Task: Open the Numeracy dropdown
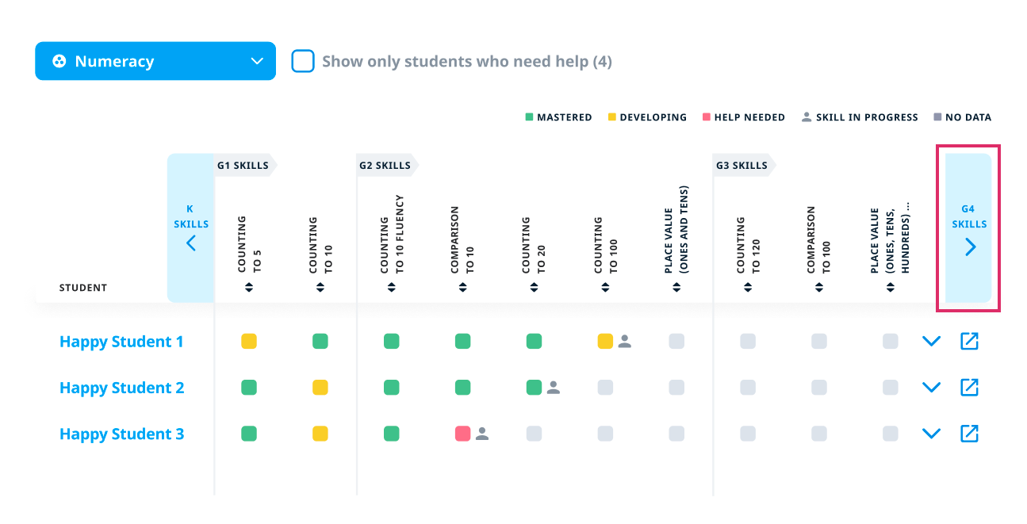pyautogui.click(x=155, y=61)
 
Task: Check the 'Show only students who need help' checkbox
pyautogui.click(x=303, y=61)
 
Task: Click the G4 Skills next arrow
pyautogui.click(x=970, y=247)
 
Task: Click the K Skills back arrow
pyautogui.click(x=190, y=243)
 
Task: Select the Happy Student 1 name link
pyautogui.click(x=121, y=342)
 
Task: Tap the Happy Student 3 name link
pyautogui.click(x=121, y=434)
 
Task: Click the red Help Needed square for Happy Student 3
pyautogui.click(x=462, y=434)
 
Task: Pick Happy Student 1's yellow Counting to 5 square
pyautogui.click(x=249, y=342)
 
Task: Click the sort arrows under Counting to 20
pyautogui.click(x=535, y=288)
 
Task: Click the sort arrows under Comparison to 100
pyautogui.click(x=819, y=288)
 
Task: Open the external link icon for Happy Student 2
pyautogui.click(x=969, y=388)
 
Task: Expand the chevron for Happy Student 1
pyautogui.click(x=931, y=342)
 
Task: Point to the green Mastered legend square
pyautogui.click(x=529, y=117)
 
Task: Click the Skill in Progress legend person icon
pyautogui.click(x=807, y=117)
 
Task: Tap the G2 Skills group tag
pyautogui.click(x=385, y=166)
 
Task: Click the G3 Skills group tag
pyautogui.click(x=742, y=166)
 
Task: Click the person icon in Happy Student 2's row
pyautogui.click(x=554, y=388)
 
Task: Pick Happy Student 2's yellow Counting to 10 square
pyautogui.click(x=320, y=388)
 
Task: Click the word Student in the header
pyautogui.click(x=83, y=288)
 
